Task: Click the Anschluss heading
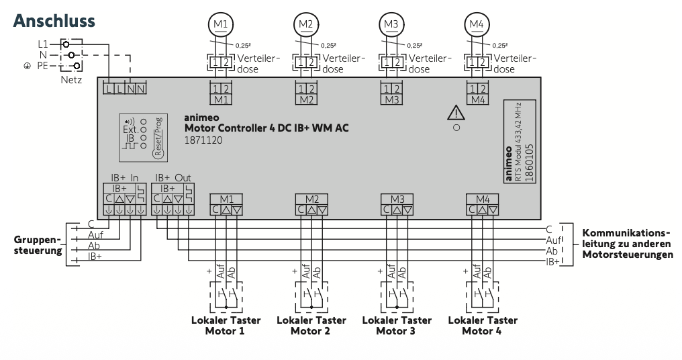[x=54, y=21]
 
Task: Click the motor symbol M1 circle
[x=221, y=24]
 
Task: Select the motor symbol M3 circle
[x=391, y=24]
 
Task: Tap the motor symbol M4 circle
[x=477, y=24]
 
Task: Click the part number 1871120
[x=203, y=141]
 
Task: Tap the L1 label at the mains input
[x=44, y=42]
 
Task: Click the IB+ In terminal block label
[x=125, y=177]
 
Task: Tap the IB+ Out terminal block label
[x=173, y=177]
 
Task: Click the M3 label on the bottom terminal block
[x=397, y=199]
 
